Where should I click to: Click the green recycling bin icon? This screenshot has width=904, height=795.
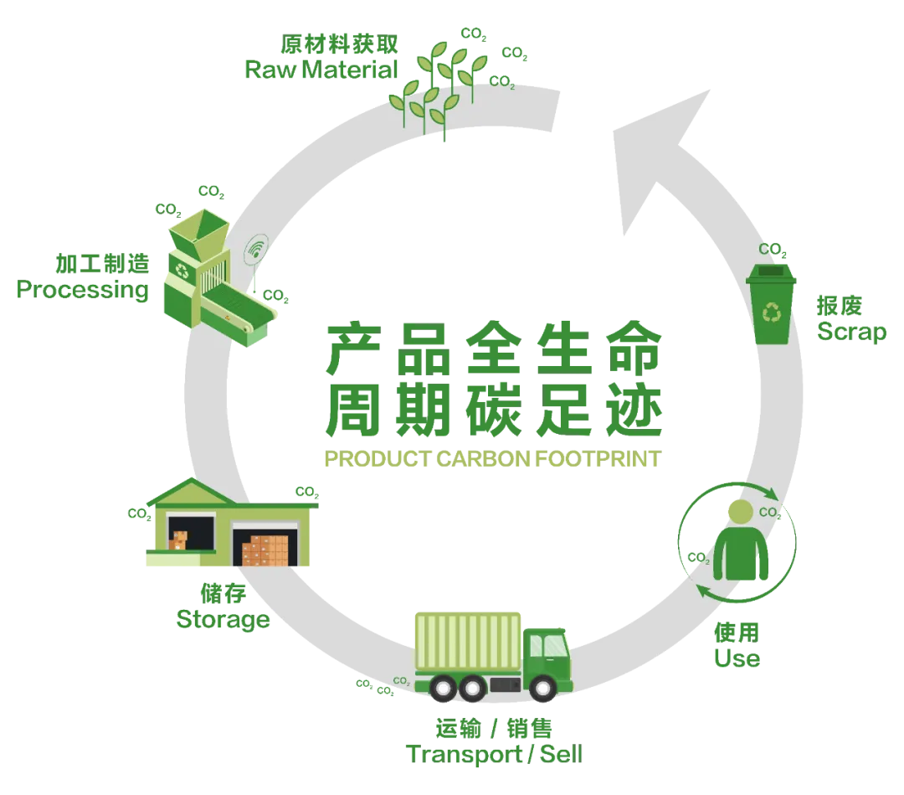(771, 304)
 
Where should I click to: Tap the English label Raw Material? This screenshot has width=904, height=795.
(321, 70)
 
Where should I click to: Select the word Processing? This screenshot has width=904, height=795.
(82, 290)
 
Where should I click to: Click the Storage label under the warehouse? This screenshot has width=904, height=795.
(223, 620)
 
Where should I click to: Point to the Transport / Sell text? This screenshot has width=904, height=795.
(494, 754)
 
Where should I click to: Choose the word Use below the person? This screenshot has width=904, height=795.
(737, 658)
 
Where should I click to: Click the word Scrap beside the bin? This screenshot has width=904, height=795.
(851, 333)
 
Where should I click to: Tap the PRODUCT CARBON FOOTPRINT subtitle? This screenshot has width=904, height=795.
(492, 459)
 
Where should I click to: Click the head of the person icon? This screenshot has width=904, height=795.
(740, 512)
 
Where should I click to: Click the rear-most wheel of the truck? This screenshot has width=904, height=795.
(444, 688)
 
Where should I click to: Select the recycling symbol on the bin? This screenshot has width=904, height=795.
(772, 313)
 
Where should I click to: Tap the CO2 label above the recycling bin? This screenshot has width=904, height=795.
(773, 250)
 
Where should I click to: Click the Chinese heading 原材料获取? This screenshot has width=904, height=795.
(339, 44)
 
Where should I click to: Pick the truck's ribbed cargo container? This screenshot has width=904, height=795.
(468, 641)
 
